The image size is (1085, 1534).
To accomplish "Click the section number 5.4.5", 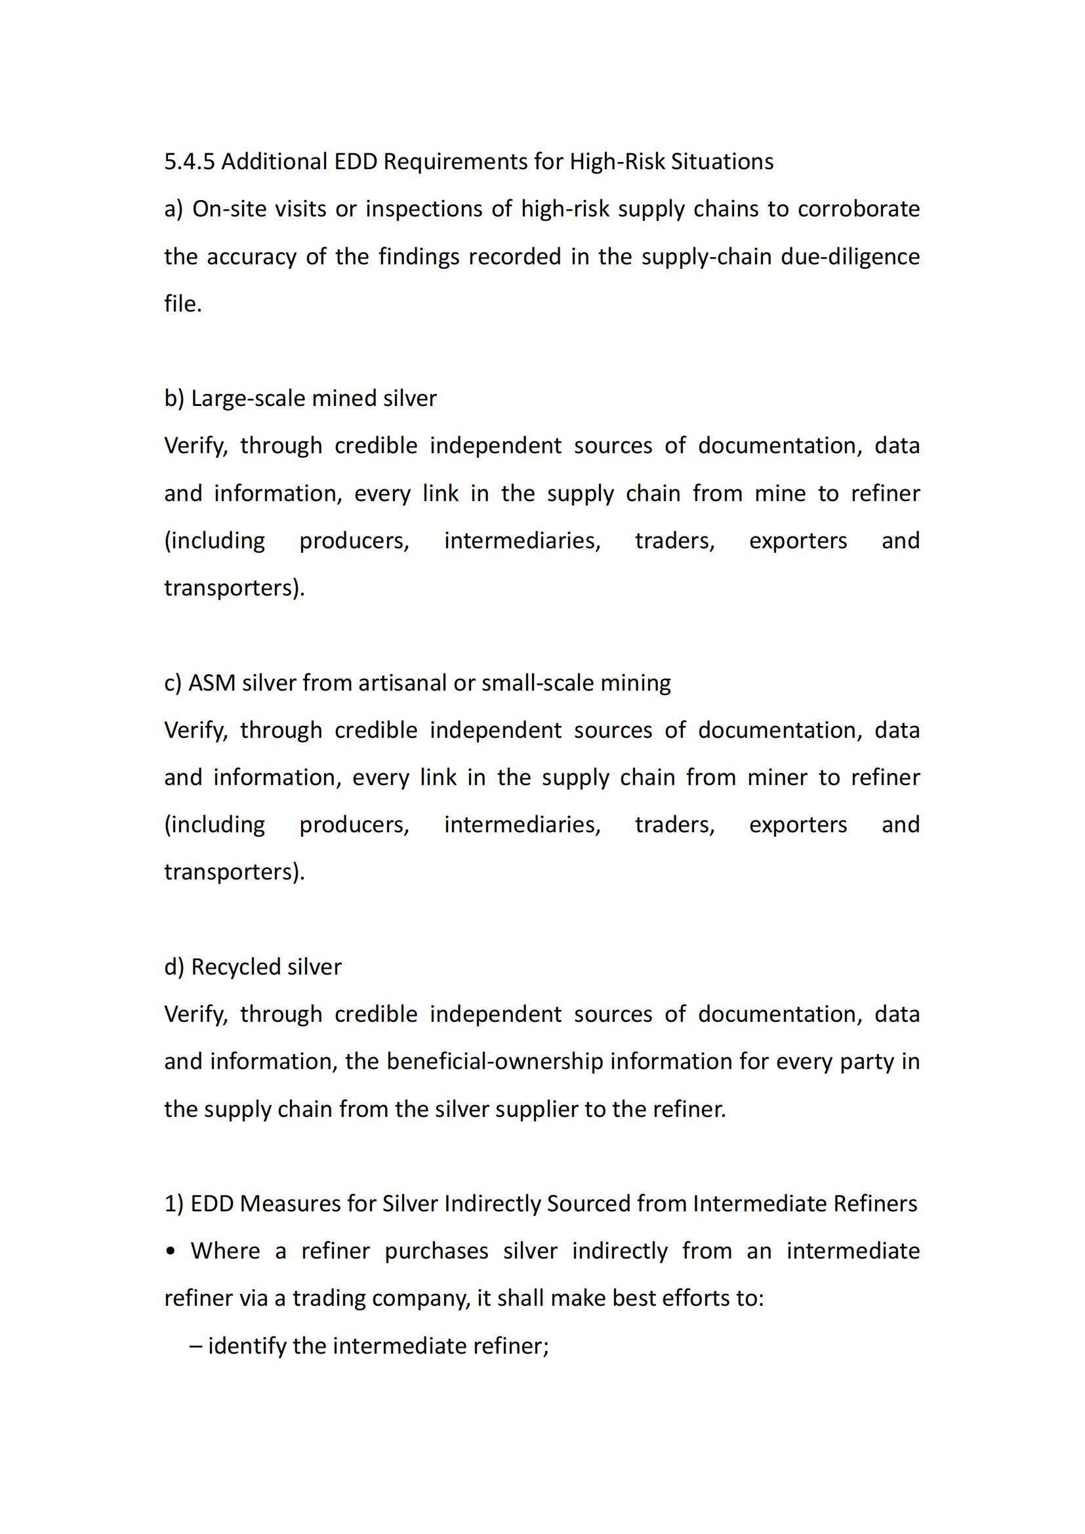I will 189,162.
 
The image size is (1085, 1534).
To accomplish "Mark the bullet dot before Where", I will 171,1251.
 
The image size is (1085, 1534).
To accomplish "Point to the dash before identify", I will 195,1346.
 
